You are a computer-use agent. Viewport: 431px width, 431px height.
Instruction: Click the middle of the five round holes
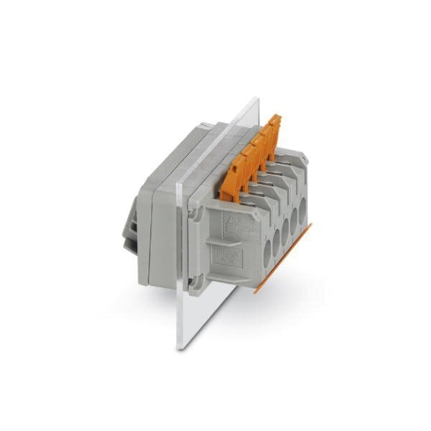tap(284, 229)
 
